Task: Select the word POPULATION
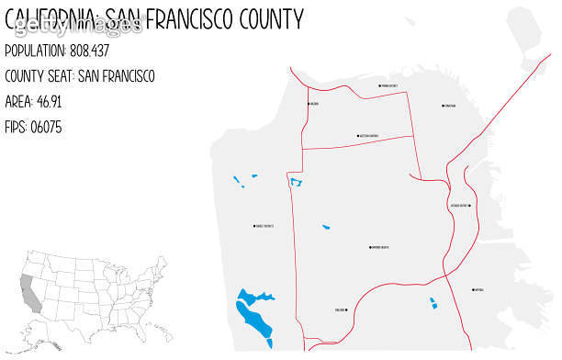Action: (34, 51)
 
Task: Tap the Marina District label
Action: (389, 86)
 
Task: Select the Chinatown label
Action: (450, 106)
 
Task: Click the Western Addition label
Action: (369, 136)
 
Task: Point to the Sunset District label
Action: (265, 226)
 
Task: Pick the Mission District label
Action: (459, 206)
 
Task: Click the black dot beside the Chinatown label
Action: (442, 106)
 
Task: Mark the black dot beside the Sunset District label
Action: (254, 226)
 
